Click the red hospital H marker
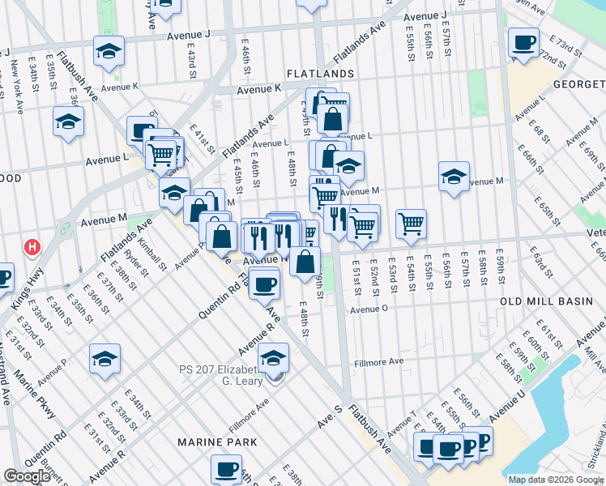[x=32, y=246]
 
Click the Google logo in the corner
[x=27, y=476]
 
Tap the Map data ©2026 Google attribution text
[x=556, y=480]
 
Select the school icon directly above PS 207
[x=274, y=357]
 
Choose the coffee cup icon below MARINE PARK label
[x=226, y=468]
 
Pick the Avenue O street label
[x=370, y=309]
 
